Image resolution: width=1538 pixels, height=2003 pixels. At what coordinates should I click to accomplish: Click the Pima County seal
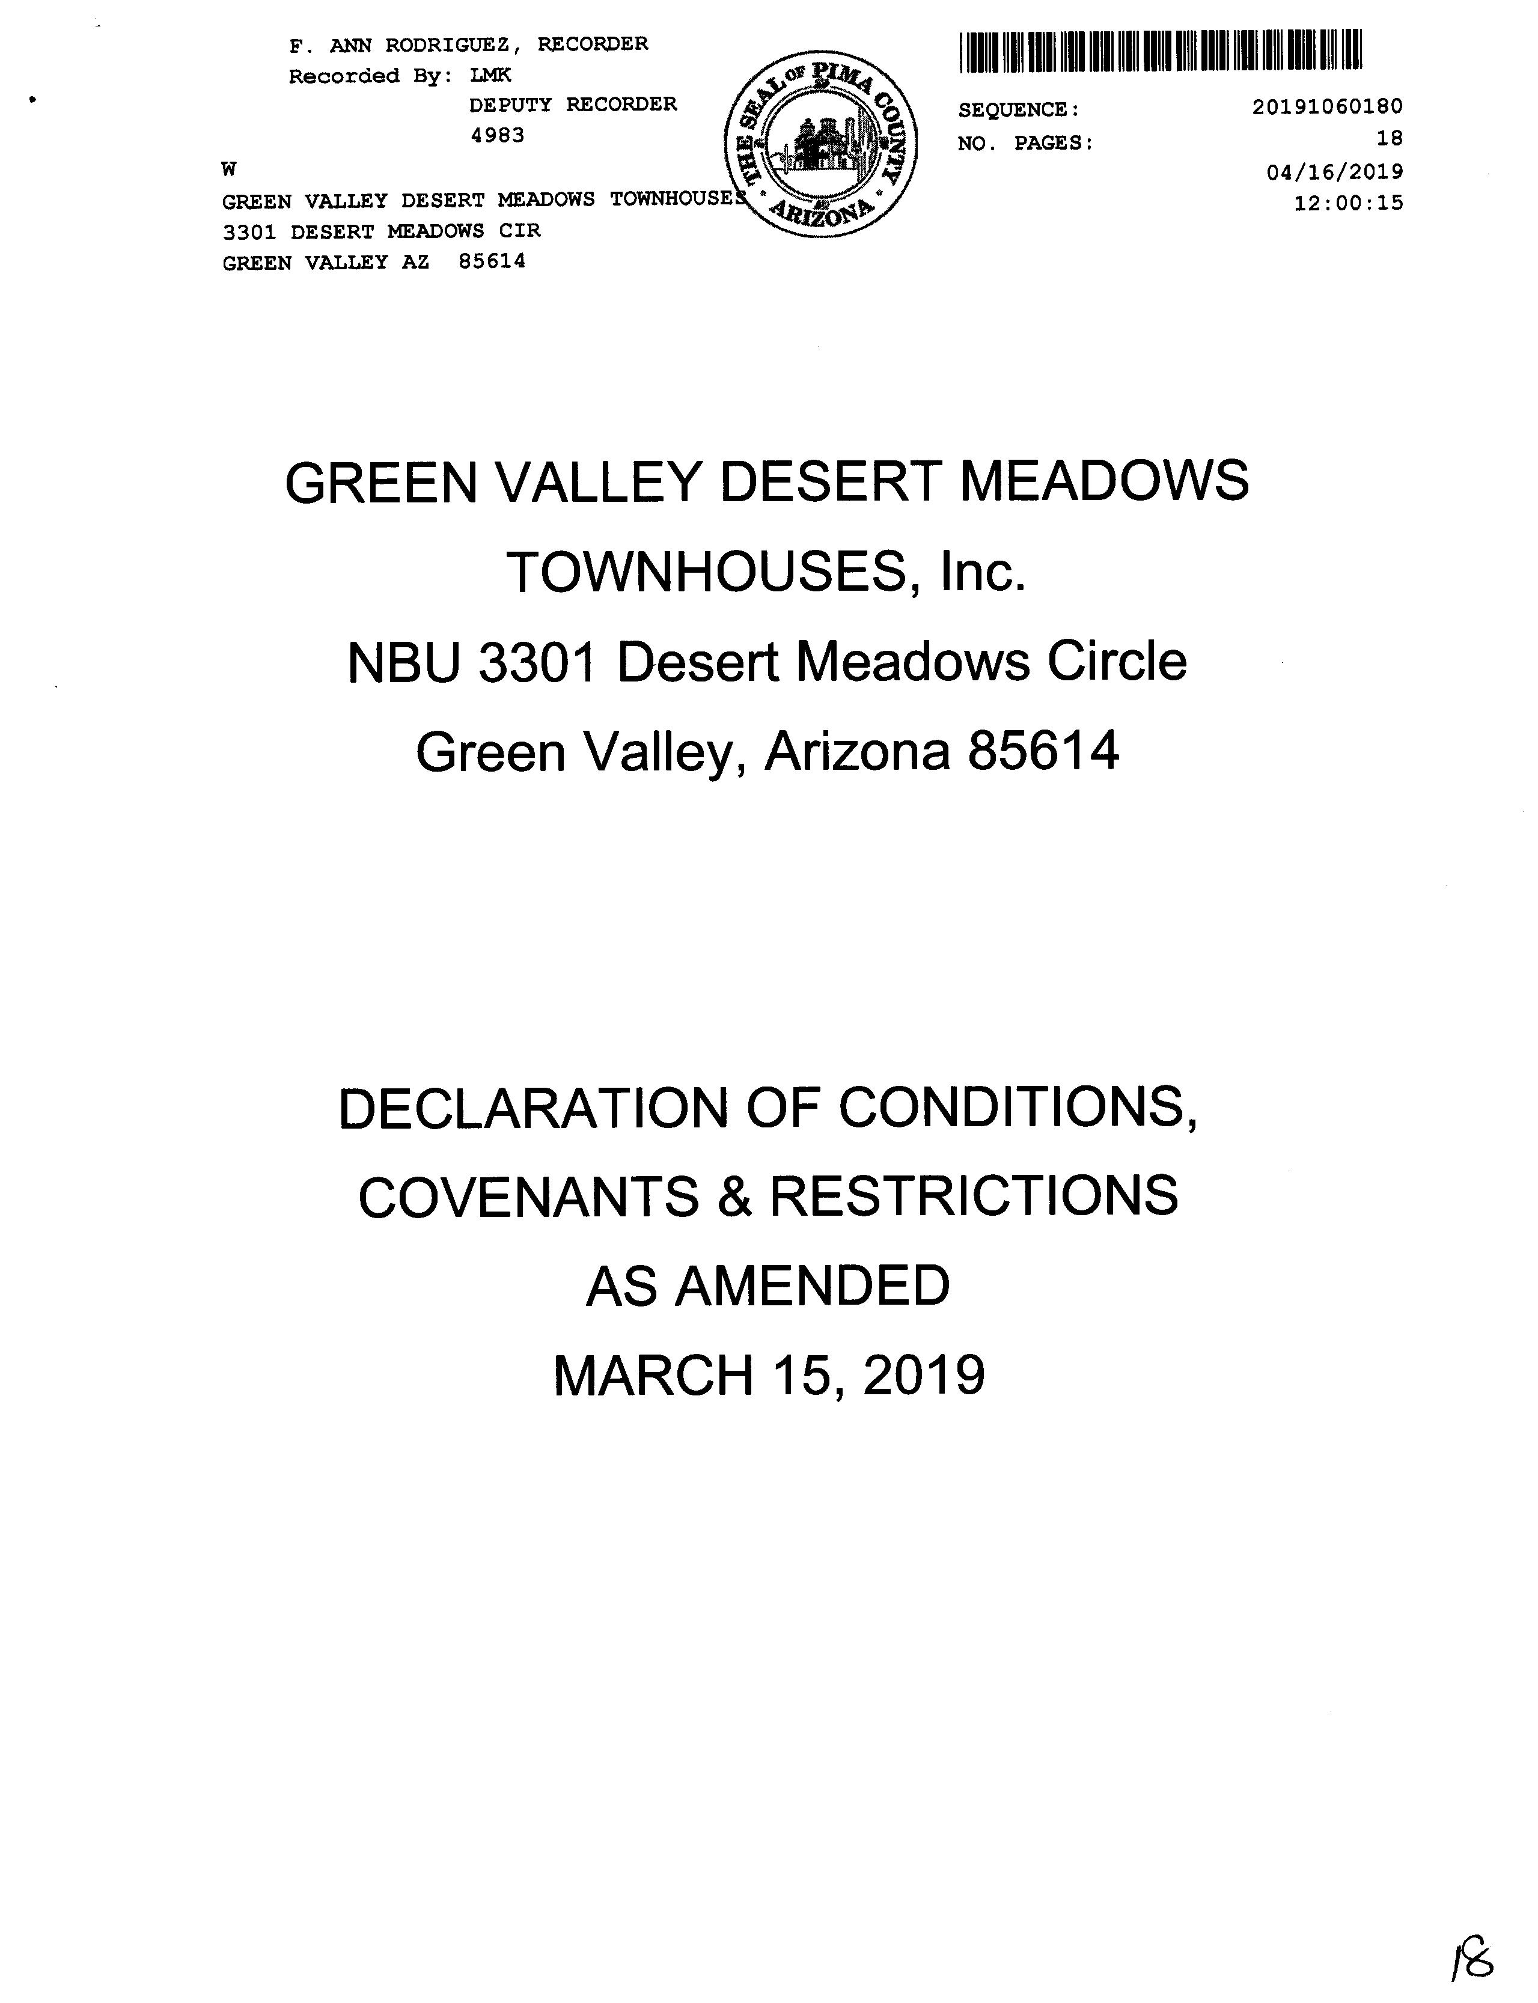[820, 145]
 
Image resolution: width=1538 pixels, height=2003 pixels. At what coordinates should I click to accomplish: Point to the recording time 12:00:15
[1347, 203]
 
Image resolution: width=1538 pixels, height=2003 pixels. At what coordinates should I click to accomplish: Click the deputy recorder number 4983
[497, 135]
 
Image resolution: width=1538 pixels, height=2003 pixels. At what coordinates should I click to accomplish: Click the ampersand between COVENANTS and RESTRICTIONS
[735, 1197]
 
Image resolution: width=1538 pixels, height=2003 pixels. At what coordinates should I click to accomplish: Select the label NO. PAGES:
[1025, 144]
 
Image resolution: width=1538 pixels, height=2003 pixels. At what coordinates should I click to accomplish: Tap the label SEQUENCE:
[1019, 111]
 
